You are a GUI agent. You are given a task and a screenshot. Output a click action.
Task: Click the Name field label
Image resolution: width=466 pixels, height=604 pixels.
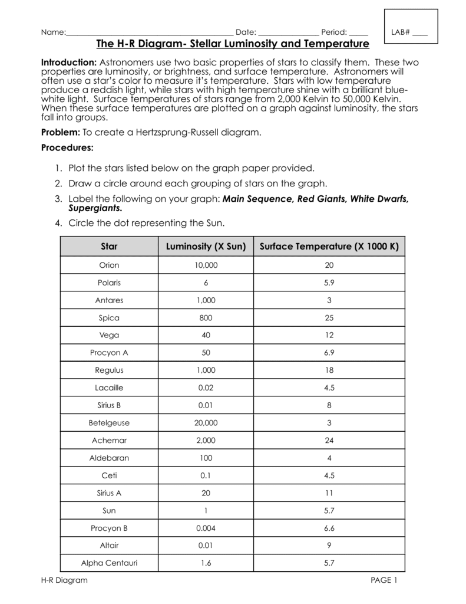[52, 32]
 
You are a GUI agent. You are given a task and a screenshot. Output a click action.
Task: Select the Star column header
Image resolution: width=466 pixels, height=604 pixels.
[109, 245]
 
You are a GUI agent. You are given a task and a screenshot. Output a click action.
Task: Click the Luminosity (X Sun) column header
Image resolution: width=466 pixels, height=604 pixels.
[206, 245]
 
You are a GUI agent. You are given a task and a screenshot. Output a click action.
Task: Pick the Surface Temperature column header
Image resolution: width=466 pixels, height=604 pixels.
[329, 245]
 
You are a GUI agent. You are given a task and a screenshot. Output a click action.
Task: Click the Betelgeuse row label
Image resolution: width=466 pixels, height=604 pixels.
[109, 423]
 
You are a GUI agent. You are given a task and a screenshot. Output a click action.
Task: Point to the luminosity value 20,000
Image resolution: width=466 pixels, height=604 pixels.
[206, 423]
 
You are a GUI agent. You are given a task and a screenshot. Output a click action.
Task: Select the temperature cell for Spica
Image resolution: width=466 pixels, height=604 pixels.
[329, 318]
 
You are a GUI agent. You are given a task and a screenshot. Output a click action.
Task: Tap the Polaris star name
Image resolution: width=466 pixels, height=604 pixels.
[109, 283]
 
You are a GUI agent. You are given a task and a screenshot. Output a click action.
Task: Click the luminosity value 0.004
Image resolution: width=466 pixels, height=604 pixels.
[206, 528]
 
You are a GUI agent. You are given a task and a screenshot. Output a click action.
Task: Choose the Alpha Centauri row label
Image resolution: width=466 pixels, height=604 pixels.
[109, 563]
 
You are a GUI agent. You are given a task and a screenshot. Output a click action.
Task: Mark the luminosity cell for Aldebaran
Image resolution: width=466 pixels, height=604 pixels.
[206, 458]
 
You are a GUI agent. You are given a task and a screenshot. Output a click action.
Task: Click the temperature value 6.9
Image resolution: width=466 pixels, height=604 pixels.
[329, 353]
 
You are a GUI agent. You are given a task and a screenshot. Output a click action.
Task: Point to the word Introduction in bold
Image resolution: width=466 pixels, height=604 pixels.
[68, 63]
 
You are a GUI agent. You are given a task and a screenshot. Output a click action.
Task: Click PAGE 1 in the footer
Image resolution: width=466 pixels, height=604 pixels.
[384, 580]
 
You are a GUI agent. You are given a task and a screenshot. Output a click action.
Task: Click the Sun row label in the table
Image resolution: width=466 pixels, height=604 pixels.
[109, 510]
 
